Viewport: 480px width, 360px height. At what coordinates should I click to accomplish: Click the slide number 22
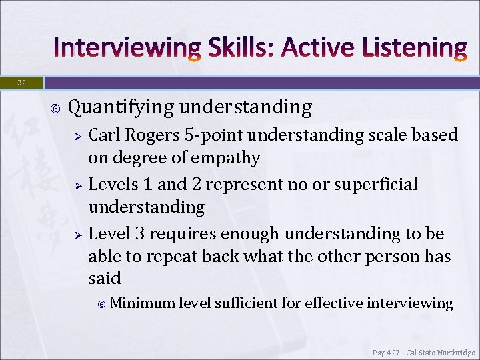click(x=21, y=83)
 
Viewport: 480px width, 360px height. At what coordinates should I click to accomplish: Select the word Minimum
click(x=142, y=303)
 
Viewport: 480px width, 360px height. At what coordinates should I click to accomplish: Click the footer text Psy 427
click(x=388, y=352)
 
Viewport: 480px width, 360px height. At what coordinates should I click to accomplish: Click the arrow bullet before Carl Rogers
click(x=77, y=136)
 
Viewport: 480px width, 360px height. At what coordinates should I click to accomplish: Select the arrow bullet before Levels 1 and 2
click(x=77, y=185)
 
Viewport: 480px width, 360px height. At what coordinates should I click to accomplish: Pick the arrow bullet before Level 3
click(x=77, y=234)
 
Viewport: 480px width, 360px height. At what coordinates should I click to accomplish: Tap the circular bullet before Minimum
click(x=101, y=304)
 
